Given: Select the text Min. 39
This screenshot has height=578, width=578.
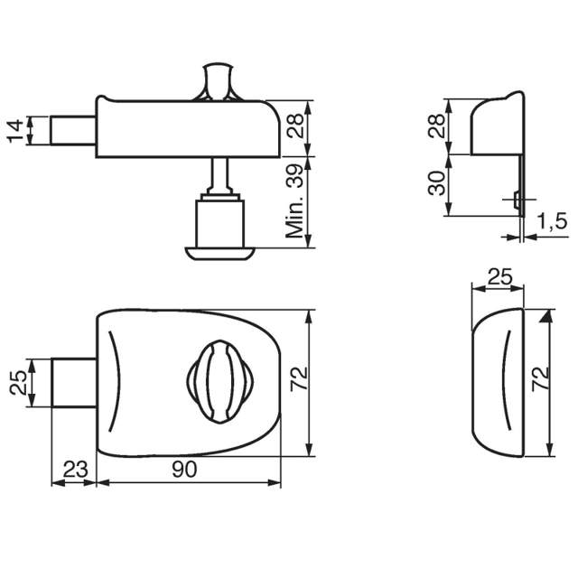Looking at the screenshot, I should (295, 207).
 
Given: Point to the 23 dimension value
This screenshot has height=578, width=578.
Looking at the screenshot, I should (76, 469).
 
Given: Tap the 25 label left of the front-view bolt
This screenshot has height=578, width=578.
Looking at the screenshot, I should (16, 383).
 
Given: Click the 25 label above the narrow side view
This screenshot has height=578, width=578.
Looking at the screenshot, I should (499, 277).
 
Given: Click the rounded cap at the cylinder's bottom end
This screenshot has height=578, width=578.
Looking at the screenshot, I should (220, 250).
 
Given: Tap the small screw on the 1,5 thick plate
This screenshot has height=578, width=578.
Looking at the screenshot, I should (516, 199).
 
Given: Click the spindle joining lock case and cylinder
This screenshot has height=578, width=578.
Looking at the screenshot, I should (220, 174).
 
